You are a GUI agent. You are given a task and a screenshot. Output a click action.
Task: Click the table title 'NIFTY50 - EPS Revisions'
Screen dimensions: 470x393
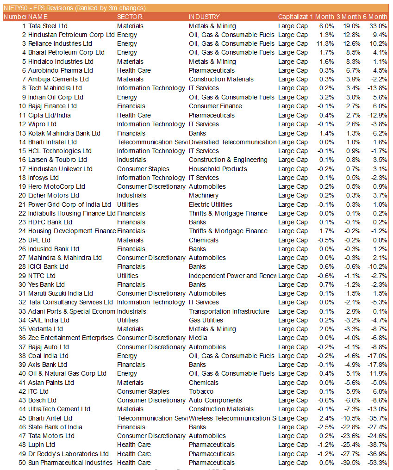click(x=74, y=8)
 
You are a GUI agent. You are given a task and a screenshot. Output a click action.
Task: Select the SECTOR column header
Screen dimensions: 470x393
click(x=130, y=17)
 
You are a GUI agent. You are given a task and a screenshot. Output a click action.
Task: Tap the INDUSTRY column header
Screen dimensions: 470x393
click(x=204, y=17)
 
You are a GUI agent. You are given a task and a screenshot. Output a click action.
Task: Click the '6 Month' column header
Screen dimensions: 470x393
click(x=375, y=17)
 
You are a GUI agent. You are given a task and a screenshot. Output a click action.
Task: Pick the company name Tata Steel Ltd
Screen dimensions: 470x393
click(x=48, y=26)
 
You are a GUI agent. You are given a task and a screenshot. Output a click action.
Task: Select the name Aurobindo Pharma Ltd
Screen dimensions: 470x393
click(x=61, y=70)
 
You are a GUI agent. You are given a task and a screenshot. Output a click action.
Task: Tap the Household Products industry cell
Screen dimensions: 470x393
click(x=218, y=169)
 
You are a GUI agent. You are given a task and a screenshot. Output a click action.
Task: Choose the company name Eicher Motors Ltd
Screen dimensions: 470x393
click(x=54, y=195)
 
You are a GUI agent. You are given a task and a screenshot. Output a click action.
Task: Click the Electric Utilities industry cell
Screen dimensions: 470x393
click(x=211, y=204)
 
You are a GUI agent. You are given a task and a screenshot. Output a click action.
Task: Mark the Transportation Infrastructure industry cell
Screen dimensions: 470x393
click(x=229, y=311)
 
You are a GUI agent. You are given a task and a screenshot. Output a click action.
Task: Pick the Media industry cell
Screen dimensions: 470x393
click(x=198, y=338)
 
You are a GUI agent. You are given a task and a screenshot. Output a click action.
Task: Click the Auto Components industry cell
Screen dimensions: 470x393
click(x=215, y=400)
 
